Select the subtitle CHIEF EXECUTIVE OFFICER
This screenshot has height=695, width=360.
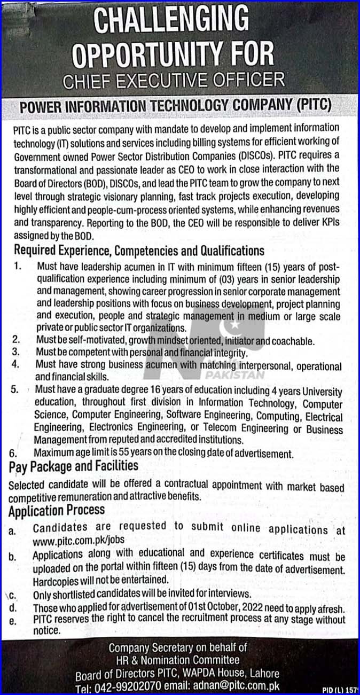point(174,81)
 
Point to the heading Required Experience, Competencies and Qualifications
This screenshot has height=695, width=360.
point(139,250)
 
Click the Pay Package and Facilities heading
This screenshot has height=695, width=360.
point(73,466)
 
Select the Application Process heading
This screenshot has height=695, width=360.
point(57,510)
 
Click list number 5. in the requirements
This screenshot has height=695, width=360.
point(16,391)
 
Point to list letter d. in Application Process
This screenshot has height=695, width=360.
point(13,608)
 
